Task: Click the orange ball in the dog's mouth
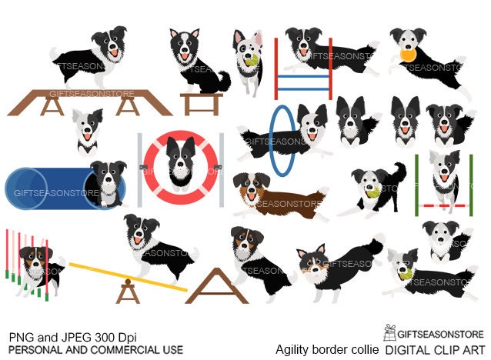408,55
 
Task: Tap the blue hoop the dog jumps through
271,141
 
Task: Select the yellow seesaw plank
128,277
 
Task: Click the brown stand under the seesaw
128,292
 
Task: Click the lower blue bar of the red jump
303,89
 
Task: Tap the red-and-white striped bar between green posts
444,205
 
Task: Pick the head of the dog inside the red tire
181,155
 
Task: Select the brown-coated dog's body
288,204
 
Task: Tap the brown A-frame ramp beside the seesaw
217,286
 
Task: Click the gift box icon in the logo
389,332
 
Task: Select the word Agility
291,350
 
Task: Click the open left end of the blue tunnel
25,188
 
